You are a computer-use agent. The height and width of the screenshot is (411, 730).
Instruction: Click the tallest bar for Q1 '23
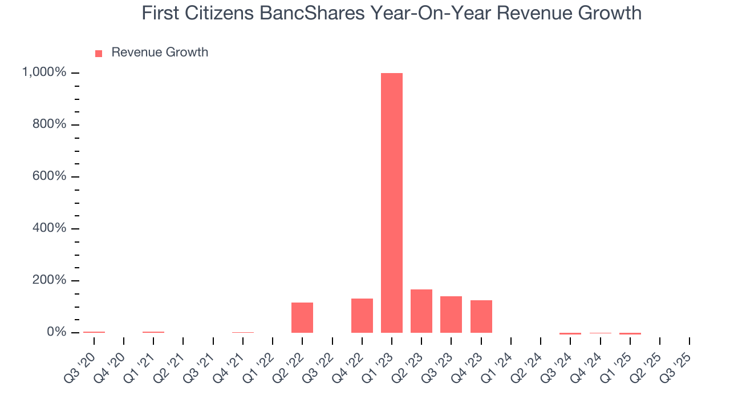tap(392, 203)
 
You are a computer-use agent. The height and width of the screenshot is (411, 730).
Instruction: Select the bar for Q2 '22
tap(302, 317)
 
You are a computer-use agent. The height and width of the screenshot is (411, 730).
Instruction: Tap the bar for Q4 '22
tap(362, 316)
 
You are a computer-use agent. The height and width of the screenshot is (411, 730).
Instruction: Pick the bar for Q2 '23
tap(421, 311)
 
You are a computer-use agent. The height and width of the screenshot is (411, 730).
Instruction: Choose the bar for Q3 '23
tap(451, 315)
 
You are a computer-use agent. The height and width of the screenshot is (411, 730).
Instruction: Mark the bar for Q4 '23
tap(481, 316)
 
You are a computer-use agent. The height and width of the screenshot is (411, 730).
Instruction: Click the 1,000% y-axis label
tap(44, 72)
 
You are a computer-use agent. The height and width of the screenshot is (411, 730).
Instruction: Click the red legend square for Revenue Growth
tap(99, 53)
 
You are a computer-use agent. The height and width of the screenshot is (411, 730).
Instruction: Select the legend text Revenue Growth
tap(160, 53)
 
